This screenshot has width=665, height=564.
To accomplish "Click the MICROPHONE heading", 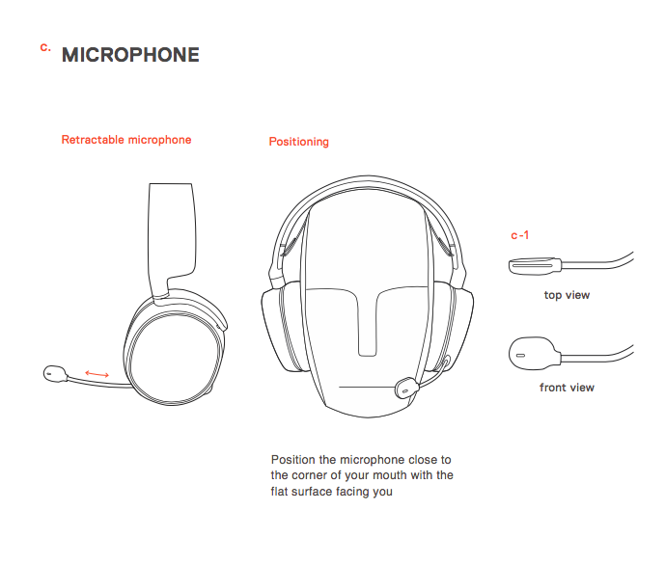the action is (130, 55).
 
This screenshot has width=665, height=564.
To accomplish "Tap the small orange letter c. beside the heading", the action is (45, 47).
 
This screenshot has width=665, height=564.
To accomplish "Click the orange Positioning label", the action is (299, 142).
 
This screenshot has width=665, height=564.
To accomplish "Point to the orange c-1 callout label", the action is (520, 235).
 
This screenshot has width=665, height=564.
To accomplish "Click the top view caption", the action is (567, 295).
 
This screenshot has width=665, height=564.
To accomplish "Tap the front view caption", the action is (567, 388).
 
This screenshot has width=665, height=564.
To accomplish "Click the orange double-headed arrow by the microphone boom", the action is (97, 374).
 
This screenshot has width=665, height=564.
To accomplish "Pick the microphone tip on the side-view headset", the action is (55, 374).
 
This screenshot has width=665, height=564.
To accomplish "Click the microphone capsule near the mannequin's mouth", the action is (406, 388).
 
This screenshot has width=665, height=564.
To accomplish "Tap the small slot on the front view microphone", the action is (520, 355).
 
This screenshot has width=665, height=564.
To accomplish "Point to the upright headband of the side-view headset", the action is (172, 237).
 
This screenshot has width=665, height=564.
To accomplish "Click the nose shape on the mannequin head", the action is (368, 322).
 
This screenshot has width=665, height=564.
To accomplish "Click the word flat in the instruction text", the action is (279, 491).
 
